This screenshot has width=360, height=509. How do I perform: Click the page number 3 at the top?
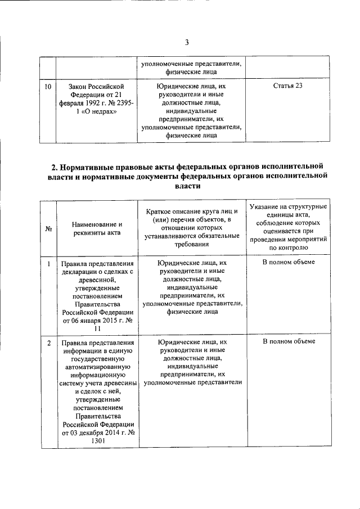(186, 42)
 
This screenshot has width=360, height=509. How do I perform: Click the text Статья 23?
(287, 85)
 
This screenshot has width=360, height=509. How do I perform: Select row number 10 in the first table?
(48, 86)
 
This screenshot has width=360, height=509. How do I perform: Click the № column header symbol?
(48, 229)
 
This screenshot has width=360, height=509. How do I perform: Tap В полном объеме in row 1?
(288, 263)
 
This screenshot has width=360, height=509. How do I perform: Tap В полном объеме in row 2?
(288, 342)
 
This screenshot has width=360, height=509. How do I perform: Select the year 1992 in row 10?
(91, 103)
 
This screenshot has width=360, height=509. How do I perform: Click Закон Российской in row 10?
(96, 86)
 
